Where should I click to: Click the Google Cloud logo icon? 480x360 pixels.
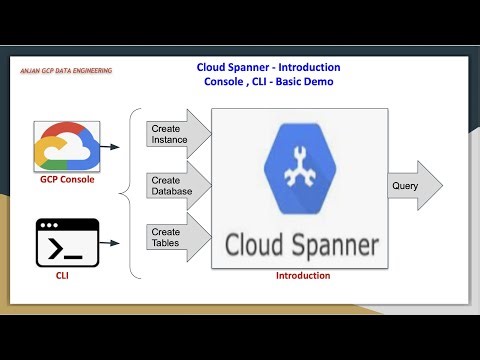pos(63,146)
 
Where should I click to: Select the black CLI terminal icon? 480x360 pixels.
pos(63,241)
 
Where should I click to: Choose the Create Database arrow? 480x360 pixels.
pos(179,185)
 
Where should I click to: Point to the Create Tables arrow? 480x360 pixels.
pos(179,237)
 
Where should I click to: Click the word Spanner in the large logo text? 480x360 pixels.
pos(332,243)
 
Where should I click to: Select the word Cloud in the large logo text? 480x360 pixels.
pos(254,243)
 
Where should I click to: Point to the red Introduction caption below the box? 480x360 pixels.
pos(302,275)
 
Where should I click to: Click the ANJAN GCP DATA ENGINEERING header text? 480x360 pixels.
pos(66,71)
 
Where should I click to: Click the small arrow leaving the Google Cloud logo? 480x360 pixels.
pos(111,147)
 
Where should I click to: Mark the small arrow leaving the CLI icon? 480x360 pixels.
pos(111,241)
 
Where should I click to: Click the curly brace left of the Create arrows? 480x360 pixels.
pos(135,190)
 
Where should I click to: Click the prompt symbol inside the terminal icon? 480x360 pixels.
pos(53,245)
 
